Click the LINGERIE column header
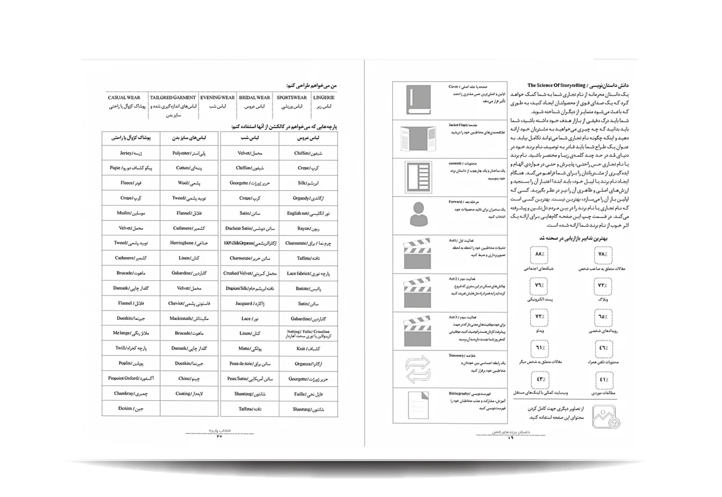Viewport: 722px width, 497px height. (x=324, y=98)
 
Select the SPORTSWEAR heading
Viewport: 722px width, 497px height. (x=291, y=98)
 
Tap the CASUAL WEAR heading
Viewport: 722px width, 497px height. (x=124, y=98)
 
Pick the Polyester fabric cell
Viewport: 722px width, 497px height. (x=184, y=153)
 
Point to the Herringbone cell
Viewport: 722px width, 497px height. (x=184, y=244)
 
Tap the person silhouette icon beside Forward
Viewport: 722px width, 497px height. (x=416, y=216)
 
